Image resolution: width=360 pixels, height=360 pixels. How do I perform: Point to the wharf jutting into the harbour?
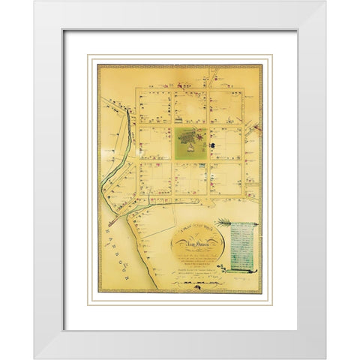(x=113, y=222)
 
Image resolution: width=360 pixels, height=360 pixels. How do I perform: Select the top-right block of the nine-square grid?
(x=226, y=106)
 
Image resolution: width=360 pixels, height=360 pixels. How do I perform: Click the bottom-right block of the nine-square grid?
(x=226, y=179)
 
